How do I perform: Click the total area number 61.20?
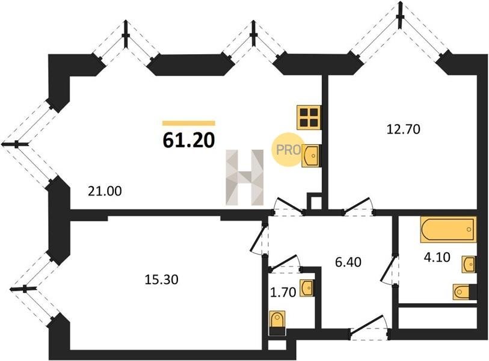(x=189, y=141)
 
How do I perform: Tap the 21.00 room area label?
(x=105, y=191)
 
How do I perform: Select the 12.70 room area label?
(x=404, y=129)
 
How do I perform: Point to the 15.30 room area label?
(x=162, y=280)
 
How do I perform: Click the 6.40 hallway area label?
(x=348, y=262)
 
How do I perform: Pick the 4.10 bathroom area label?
(x=437, y=258)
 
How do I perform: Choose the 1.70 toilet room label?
(x=283, y=292)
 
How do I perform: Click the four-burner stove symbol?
(x=309, y=117)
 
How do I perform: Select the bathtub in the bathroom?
(x=448, y=229)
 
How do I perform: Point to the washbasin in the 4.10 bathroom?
(x=469, y=264)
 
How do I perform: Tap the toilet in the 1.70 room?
(x=277, y=323)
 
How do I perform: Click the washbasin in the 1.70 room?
(x=307, y=288)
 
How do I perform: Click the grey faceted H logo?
(x=245, y=177)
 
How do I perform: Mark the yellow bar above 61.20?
(x=189, y=123)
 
